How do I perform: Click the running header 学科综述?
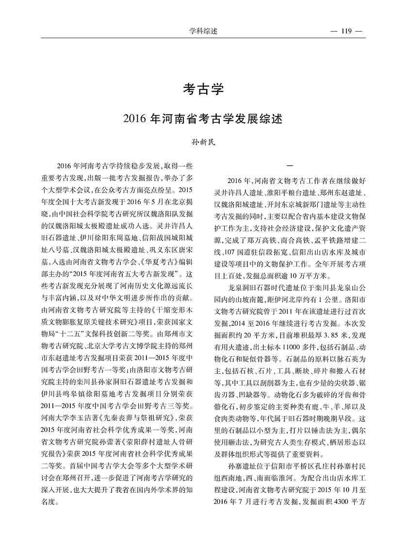click(x=203, y=32)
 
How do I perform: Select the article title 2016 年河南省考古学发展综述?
click(x=203, y=118)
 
